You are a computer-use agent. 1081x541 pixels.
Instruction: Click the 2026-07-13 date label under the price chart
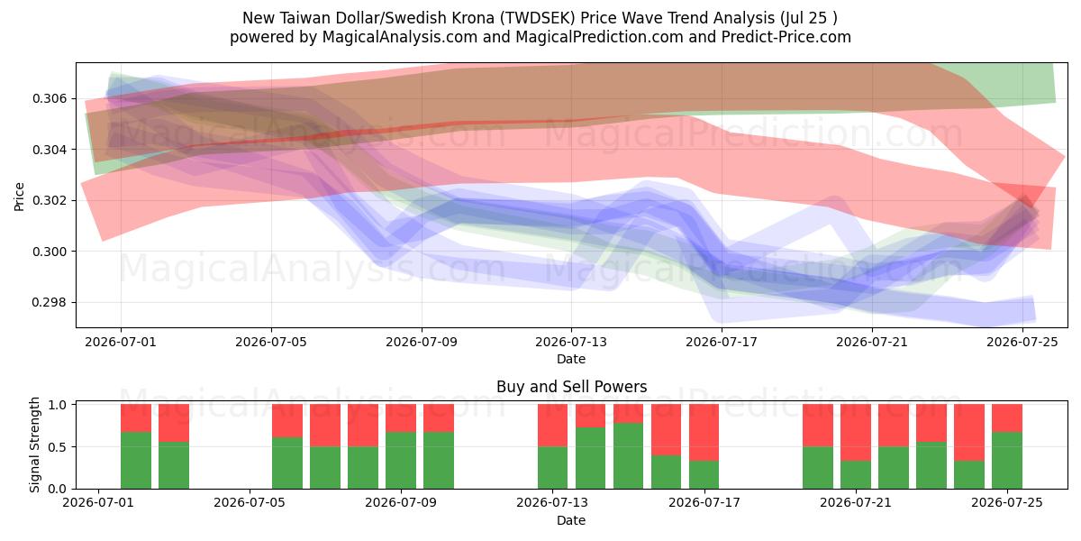point(571,342)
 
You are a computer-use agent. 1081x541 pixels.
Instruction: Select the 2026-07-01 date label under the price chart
point(121,342)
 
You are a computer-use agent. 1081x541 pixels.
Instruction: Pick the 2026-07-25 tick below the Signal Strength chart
point(1007,502)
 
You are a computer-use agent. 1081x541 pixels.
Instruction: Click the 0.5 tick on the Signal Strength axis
point(57,447)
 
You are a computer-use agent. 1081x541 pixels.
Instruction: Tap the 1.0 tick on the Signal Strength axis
point(57,404)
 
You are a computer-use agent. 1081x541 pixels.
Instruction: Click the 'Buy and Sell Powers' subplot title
point(571,387)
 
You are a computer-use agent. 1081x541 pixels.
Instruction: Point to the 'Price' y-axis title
point(19,197)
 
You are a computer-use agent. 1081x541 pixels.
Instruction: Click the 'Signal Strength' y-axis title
point(34,445)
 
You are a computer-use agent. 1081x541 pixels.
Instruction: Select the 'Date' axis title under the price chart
point(571,359)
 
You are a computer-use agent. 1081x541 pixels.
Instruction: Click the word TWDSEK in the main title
point(537,18)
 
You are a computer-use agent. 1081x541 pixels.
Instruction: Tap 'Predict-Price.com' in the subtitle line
point(786,37)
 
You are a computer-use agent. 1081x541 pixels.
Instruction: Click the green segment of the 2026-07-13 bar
point(552,468)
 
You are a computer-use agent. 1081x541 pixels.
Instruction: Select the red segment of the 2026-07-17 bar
point(704,432)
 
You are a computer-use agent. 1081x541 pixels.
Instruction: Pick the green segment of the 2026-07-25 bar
point(1007,461)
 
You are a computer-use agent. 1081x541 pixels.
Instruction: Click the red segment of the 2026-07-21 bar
point(856,432)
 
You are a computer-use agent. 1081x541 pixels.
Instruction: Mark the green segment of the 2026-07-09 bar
point(401,461)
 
